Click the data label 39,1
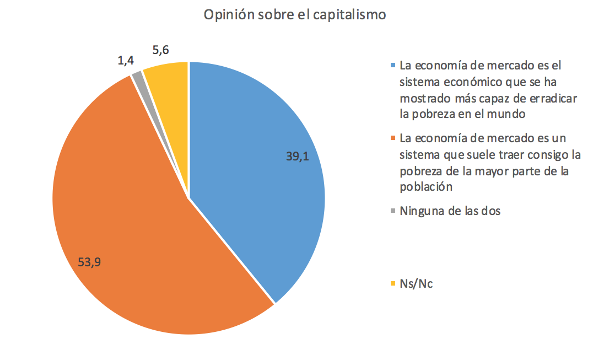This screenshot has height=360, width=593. pyautogui.click(x=297, y=156)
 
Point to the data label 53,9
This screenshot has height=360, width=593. pyautogui.click(x=89, y=262)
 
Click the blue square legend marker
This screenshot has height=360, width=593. pyautogui.click(x=392, y=66)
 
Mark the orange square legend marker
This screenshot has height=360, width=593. pyautogui.click(x=392, y=138)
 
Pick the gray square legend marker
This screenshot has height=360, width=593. pyautogui.click(x=392, y=211)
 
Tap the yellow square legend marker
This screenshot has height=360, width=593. pyautogui.click(x=392, y=284)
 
